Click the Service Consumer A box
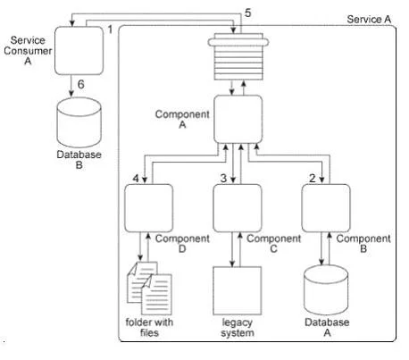coord(79,51)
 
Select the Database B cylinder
coord(79,122)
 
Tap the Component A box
coord(238,119)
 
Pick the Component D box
coord(148,208)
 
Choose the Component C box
coord(238,208)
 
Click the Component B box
coord(326,208)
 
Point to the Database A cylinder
coord(326,290)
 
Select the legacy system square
coord(238,290)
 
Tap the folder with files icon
coord(149,289)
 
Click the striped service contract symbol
coord(238,56)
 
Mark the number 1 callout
coord(110,29)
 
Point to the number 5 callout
coord(247,13)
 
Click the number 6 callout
coord(81,84)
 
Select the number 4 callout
coord(136,179)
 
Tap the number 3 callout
coord(223,178)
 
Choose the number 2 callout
coord(313,178)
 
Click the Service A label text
coord(369,20)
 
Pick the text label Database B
coord(79,160)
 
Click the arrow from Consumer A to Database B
coord(71,86)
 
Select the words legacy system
coord(238,328)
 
